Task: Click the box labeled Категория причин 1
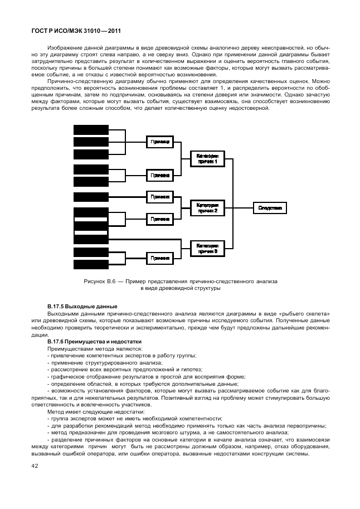pos(207,158)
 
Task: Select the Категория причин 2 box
pos(207,207)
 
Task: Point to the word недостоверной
pos(252,108)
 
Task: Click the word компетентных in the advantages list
pos(108,356)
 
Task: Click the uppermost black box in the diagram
pos(91,129)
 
